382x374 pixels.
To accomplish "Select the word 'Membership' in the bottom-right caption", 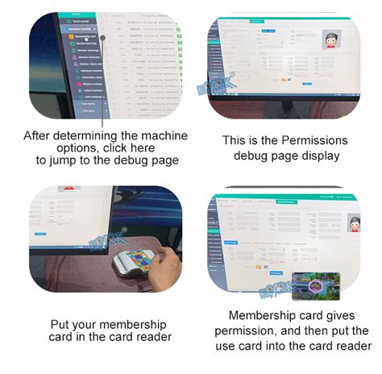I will (x=266, y=315).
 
